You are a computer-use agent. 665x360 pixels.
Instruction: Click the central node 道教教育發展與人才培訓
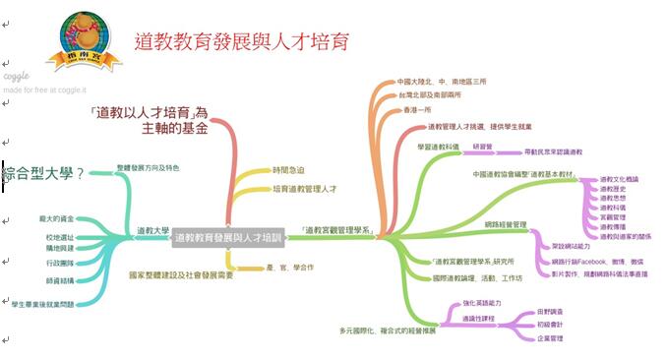point(227,238)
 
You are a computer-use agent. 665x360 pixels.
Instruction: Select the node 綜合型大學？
point(43,174)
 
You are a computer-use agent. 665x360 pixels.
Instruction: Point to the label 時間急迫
point(289,169)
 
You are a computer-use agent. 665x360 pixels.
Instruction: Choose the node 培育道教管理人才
point(304,187)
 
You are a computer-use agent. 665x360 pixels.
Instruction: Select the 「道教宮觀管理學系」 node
point(336,230)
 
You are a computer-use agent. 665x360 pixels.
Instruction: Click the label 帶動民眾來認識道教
point(553,152)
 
